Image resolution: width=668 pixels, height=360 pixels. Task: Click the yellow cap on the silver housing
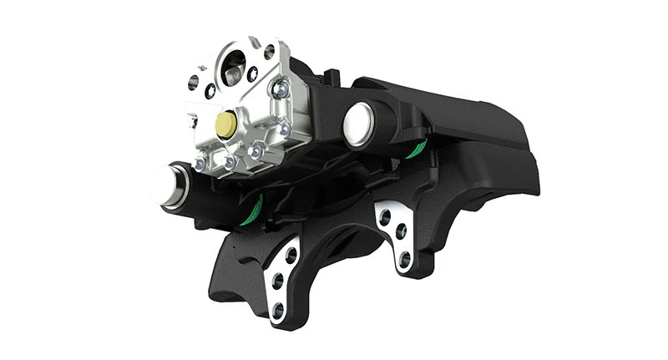pos(225,124)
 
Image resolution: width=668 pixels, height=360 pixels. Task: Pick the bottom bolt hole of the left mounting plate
pos(277,310)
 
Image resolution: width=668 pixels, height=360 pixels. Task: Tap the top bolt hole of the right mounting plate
pos(385,215)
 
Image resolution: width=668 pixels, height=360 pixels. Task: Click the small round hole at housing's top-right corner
pos(269,52)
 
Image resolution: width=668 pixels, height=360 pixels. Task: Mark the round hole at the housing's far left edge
pos(194,82)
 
